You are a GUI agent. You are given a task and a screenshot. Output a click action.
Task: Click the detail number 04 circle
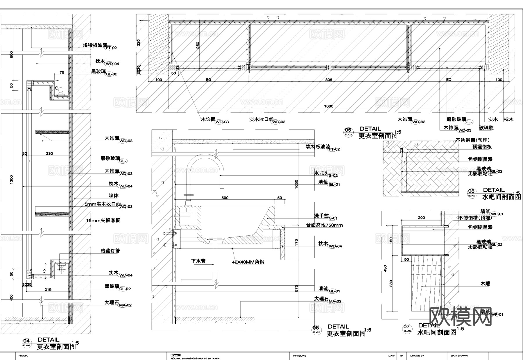(26, 343)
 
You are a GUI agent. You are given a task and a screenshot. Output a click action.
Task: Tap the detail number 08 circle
(472, 193)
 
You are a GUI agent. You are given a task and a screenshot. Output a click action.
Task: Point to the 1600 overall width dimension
(329, 106)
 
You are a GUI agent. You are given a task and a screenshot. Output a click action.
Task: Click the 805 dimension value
(329, 80)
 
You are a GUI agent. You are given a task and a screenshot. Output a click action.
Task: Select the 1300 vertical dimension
(11, 179)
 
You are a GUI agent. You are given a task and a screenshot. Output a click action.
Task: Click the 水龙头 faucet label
(321, 173)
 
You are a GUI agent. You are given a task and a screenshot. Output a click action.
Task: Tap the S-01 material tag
(333, 218)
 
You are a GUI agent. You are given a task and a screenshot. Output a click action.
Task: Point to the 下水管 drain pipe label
(198, 261)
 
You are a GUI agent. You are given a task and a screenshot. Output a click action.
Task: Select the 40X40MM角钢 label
(248, 262)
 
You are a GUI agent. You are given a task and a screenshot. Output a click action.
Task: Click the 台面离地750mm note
(324, 225)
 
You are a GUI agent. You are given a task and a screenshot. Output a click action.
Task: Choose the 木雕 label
(485, 283)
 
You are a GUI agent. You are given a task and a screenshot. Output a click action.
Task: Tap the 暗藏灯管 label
(110, 251)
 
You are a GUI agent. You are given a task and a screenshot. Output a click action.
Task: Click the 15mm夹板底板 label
(103, 221)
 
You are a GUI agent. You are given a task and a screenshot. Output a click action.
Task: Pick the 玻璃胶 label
(486, 128)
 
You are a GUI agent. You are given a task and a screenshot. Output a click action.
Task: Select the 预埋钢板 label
(482, 147)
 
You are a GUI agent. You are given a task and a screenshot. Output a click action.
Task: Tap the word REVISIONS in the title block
(300, 356)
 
